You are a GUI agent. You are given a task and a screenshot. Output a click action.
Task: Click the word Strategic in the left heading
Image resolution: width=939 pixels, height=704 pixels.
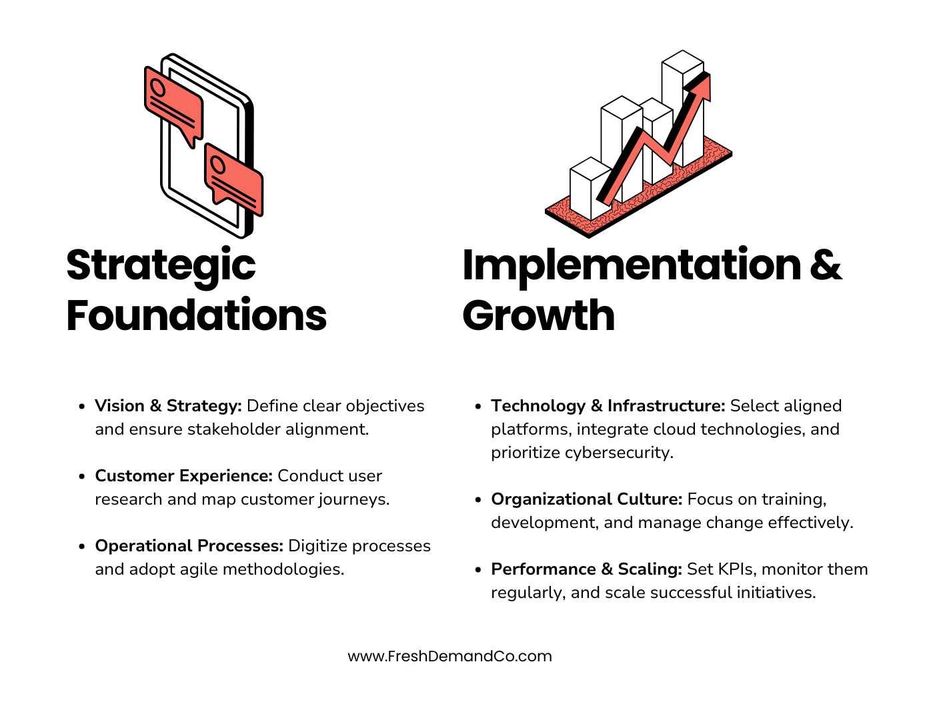tap(161, 265)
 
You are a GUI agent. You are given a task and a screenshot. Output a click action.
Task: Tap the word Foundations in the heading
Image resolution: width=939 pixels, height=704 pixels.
tap(197, 315)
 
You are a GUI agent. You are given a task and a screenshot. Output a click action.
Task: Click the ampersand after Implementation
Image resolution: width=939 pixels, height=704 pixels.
tap(826, 265)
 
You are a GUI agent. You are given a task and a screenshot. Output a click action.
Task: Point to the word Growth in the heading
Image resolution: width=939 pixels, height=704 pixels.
tap(538, 315)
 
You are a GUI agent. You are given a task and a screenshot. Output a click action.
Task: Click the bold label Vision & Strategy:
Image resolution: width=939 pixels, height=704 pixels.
tap(168, 406)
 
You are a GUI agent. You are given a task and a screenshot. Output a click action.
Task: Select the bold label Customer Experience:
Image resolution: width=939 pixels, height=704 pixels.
tap(183, 476)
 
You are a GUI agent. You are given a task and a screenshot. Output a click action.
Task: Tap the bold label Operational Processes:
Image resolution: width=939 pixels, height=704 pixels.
tap(189, 546)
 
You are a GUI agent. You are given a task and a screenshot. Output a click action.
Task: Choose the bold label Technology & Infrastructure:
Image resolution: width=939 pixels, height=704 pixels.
tap(608, 406)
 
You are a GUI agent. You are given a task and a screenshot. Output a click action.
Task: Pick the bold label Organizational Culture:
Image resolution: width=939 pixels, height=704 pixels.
tap(586, 499)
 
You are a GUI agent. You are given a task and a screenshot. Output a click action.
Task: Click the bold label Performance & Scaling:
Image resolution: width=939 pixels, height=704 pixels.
tap(586, 569)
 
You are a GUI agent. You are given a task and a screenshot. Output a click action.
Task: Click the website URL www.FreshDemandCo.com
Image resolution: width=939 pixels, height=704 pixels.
tap(449, 656)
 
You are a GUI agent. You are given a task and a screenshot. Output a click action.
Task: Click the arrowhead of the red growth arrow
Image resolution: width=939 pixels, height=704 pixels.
tap(701, 87)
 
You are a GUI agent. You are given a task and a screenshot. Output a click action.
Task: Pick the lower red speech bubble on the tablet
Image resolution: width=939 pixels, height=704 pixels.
tap(234, 178)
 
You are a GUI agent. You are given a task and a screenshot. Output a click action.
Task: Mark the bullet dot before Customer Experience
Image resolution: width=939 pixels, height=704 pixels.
tap(81, 477)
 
